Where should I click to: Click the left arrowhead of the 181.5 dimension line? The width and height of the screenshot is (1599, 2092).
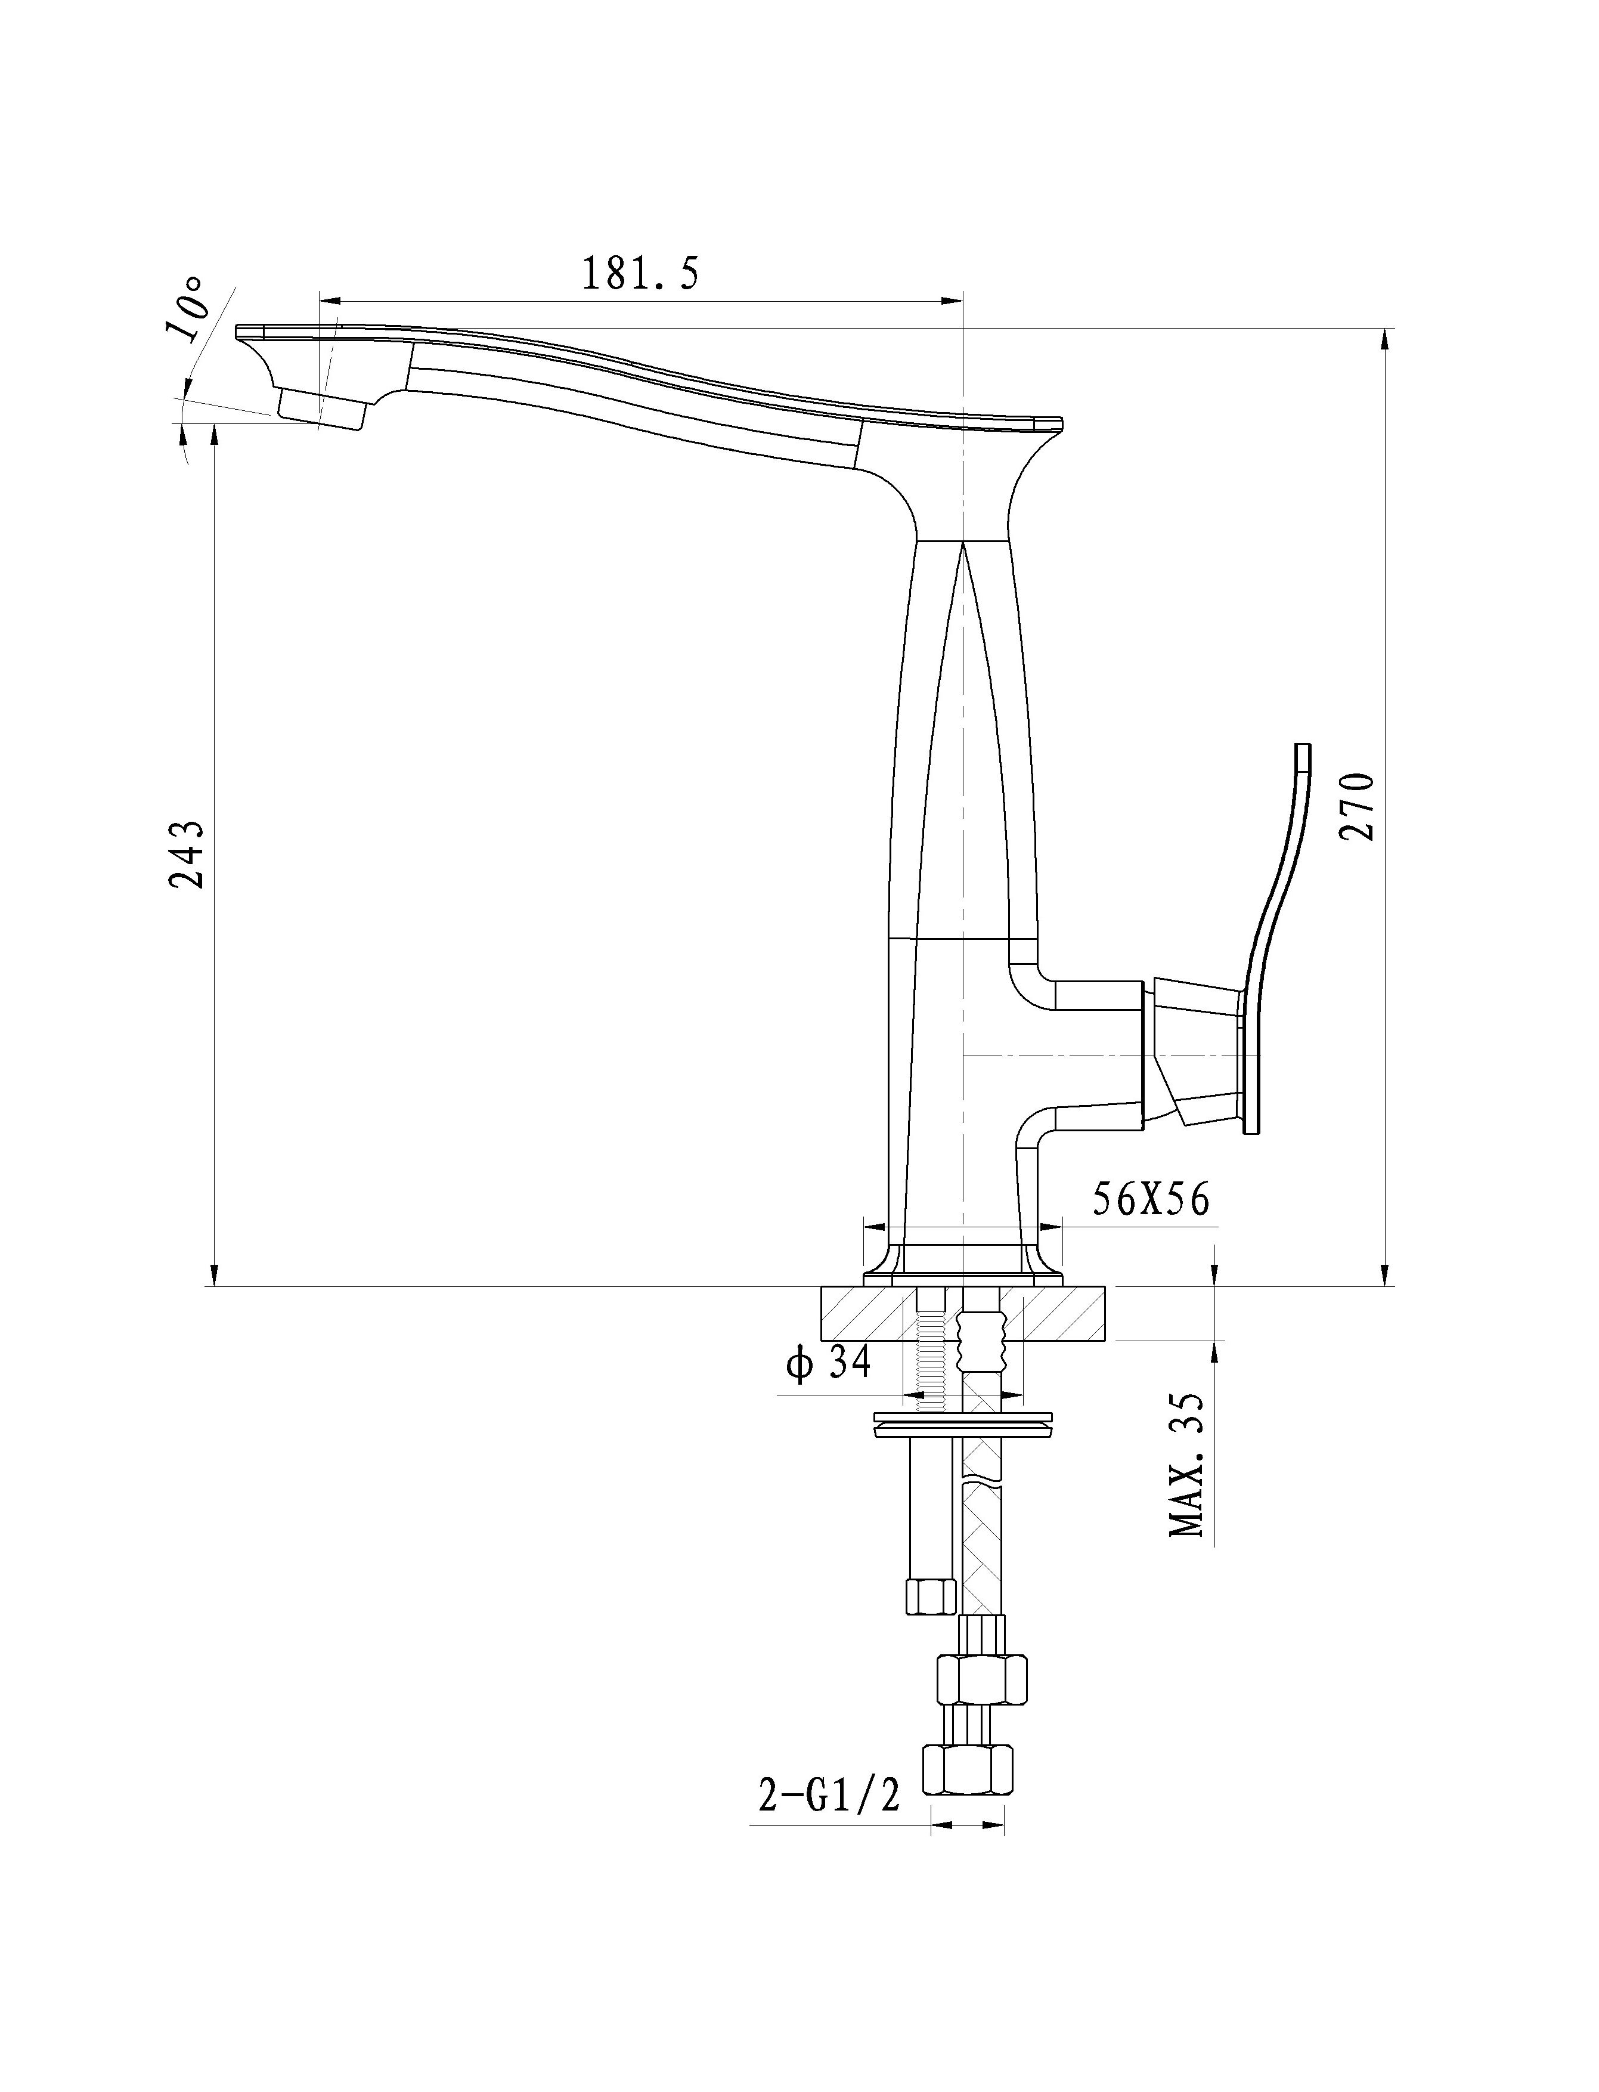(329, 302)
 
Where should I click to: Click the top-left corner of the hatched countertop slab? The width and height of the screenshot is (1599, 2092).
(820, 1287)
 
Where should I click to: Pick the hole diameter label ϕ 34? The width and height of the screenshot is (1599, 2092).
(828, 1364)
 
